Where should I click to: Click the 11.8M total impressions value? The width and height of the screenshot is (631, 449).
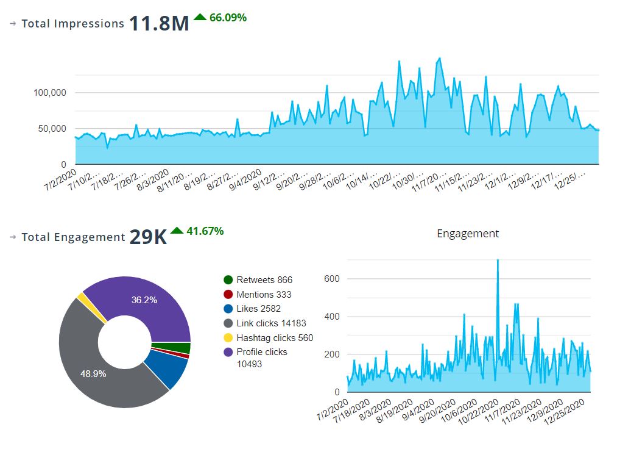[x=159, y=24]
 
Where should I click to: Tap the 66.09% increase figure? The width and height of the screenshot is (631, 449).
[x=227, y=18]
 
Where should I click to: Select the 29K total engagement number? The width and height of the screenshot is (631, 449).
[x=148, y=237]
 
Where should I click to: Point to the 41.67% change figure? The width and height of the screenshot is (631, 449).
[x=204, y=231]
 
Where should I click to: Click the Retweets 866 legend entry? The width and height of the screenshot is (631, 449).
[x=264, y=280]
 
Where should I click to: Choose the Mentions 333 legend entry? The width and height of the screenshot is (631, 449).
[x=263, y=295]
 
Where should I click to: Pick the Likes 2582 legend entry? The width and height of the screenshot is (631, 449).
[x=258, y=309]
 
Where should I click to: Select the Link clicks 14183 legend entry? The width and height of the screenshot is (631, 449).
[x=270, y=323]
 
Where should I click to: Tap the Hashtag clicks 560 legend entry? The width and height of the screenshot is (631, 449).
[x=274, y=338]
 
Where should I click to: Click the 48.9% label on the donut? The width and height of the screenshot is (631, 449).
[x=93, y=374]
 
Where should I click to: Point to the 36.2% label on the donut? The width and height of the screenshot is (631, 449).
[x=144, y=300]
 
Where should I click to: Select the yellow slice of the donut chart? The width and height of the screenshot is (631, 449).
[x=82, y=298]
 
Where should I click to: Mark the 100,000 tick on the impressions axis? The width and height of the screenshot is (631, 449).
[x=50, y=93]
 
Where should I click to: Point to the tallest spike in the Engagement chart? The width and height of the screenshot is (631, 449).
[x=498, y=261]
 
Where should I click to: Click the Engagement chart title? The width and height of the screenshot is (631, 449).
[x=468, y=234]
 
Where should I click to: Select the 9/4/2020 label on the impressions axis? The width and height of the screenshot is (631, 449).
[x=246, y=181]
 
